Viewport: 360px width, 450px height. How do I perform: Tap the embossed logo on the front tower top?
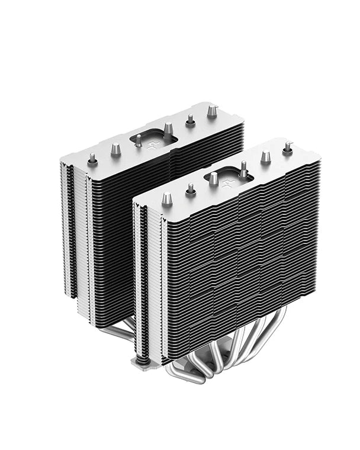pos(229,184)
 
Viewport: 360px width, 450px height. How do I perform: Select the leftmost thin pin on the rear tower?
pos(92,159)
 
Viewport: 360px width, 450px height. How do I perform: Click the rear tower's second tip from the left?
pos(115,149)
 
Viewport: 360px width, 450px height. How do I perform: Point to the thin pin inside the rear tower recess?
pos(138,140)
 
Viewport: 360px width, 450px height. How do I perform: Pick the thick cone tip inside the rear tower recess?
pos(168,128)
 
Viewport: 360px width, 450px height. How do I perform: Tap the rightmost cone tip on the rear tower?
pos(212,110)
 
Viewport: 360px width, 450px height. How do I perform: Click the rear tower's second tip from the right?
pos(190,120)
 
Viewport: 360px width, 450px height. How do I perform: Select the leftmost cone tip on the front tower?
pos(167,198)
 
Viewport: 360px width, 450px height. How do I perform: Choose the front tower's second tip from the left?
pos(191,189)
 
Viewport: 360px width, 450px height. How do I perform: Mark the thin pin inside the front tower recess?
pos(243,169)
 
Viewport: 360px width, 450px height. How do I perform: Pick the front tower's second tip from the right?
pos(265,156)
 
